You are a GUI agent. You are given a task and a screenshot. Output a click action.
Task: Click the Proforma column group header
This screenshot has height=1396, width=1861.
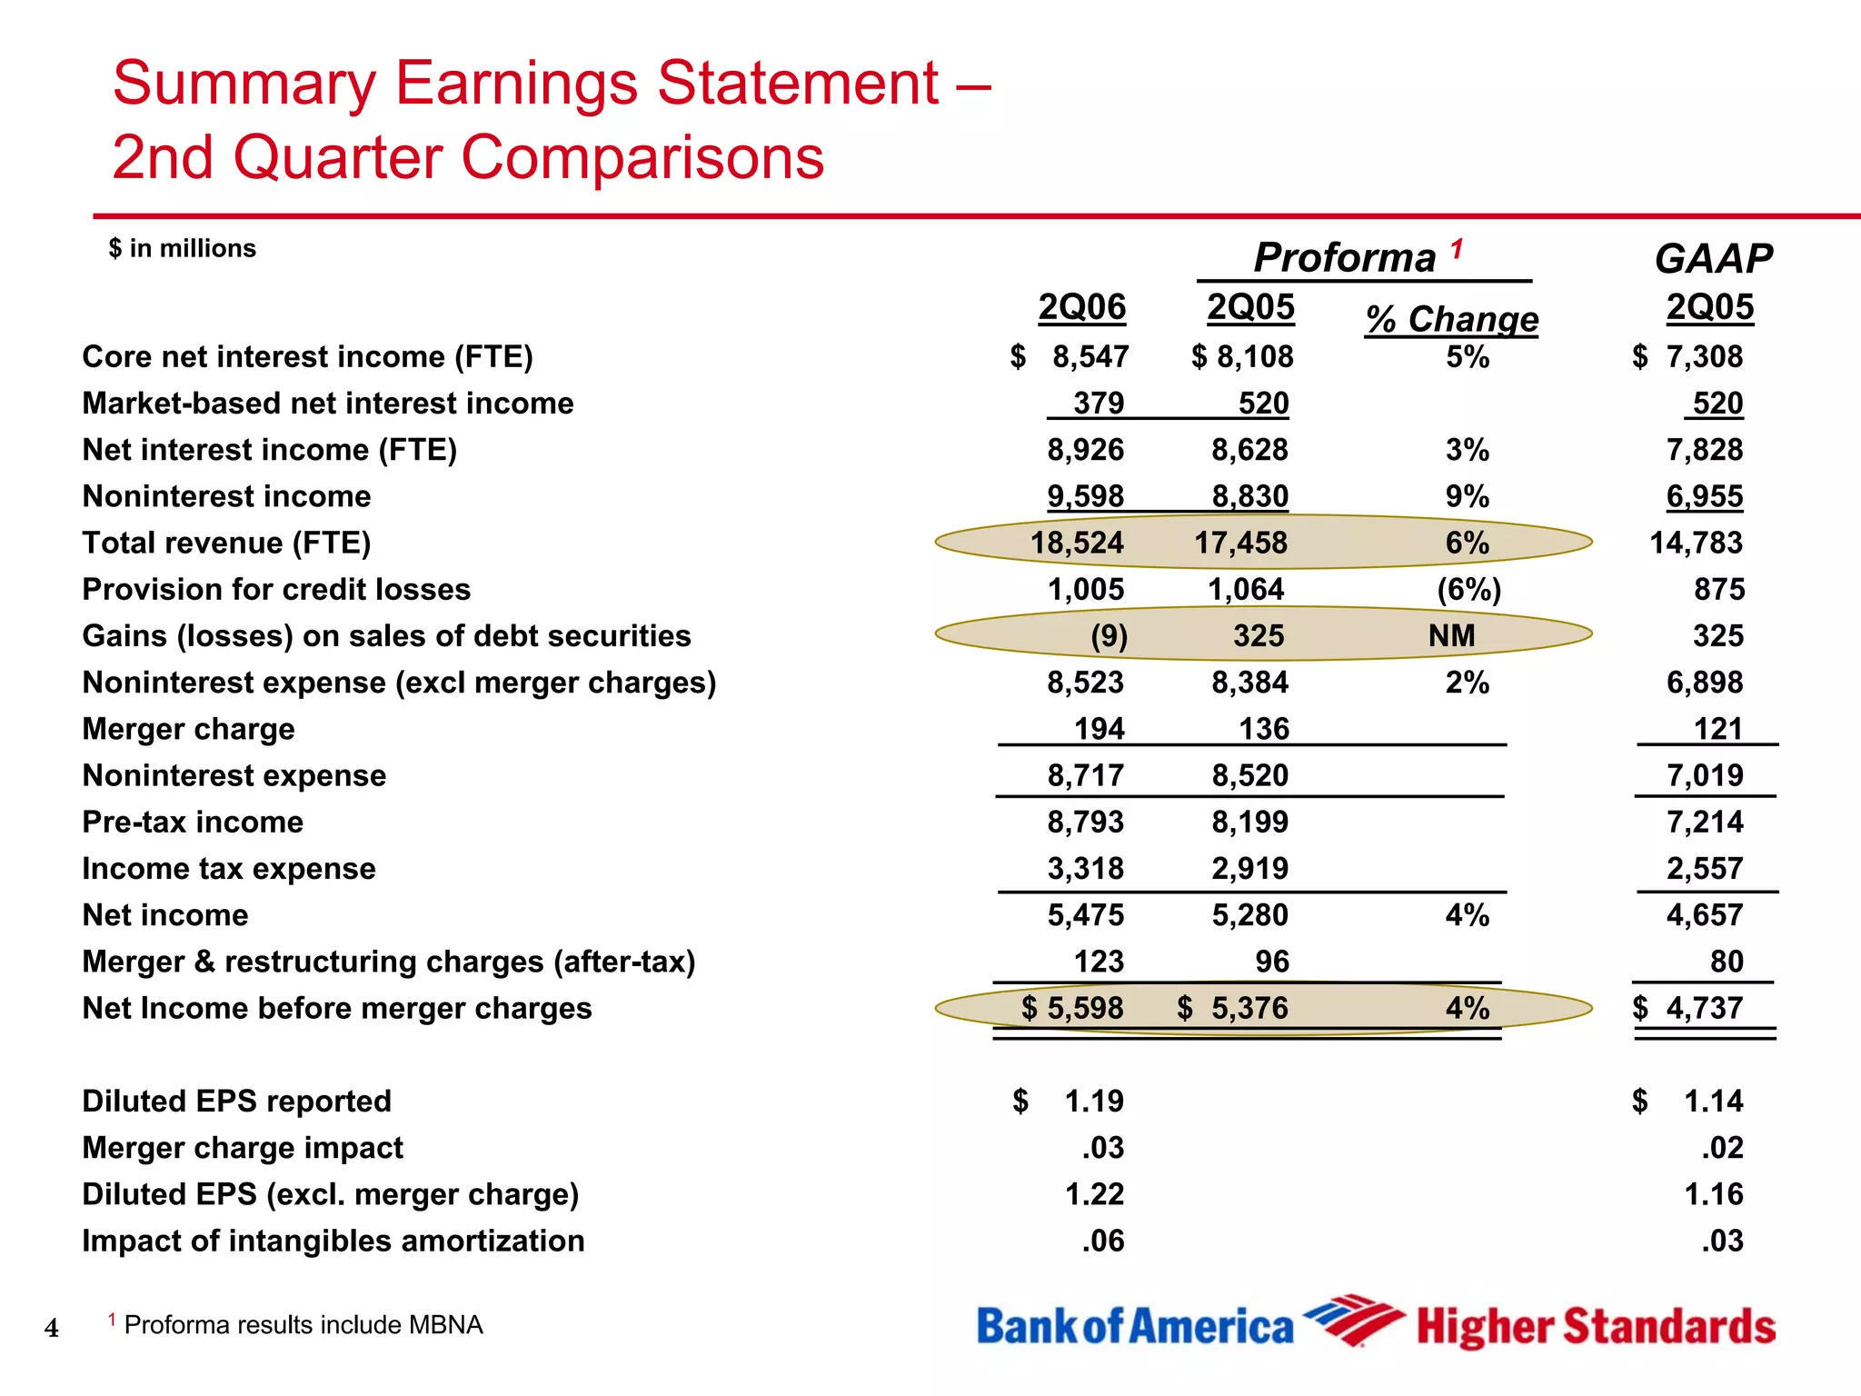(1345, 258)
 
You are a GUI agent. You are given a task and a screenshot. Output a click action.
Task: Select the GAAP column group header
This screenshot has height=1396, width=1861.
(1713, 259)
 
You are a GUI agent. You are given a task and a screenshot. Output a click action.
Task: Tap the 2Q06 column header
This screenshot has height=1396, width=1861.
(1082, 307)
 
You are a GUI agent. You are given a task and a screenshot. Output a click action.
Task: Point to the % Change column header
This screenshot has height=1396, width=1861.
(1452, 319)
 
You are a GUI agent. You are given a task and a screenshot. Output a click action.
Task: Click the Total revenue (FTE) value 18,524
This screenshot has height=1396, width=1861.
(1077, 543)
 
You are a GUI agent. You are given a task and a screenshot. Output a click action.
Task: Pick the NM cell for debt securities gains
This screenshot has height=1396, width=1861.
(1451, 636)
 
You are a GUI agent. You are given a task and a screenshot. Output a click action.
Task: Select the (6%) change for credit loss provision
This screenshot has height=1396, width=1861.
(1468, 590)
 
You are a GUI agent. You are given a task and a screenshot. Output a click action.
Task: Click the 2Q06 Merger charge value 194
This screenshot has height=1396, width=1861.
(1100, 729)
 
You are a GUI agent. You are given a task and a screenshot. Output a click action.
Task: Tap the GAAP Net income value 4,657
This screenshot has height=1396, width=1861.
(1705, 915)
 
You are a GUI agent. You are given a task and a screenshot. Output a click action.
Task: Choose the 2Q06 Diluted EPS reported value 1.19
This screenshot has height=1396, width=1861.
(1094, 1102)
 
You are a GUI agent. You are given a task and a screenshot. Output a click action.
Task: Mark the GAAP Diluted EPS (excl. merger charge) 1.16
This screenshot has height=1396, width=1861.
(1714, 1194)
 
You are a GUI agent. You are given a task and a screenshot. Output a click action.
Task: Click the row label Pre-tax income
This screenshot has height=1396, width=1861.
(193, 823)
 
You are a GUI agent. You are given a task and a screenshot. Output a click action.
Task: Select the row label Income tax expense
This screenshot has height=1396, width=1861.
(229, 869)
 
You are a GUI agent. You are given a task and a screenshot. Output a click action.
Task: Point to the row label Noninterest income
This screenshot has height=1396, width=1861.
(226, 497)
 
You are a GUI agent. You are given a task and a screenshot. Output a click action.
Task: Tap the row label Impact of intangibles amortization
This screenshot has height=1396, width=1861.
(333, 1241)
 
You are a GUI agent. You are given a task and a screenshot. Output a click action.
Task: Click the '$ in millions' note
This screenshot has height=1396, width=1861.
(183, 249)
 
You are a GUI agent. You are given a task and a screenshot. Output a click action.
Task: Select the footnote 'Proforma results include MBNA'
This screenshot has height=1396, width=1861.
(303, 1325)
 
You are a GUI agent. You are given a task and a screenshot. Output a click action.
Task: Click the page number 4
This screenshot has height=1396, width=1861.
(52, 1329)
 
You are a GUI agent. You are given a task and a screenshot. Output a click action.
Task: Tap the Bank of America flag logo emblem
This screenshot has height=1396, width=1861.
(1353, 1319)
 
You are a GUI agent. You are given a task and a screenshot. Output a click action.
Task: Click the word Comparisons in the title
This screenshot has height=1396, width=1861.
(642, 157)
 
